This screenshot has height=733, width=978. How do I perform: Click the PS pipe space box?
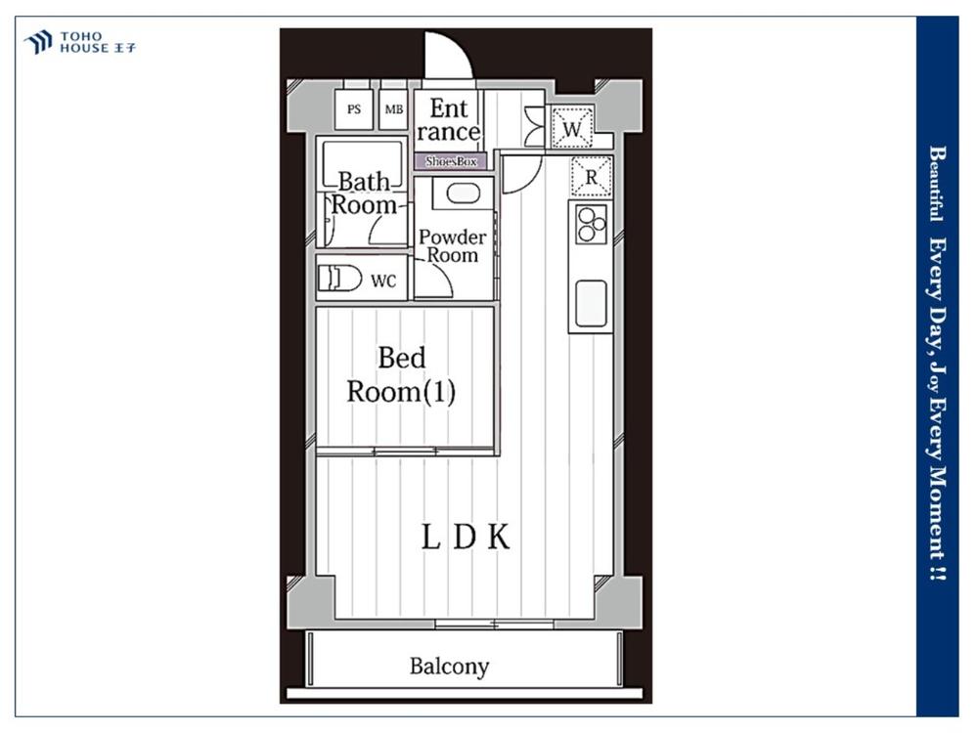(x=354, y=109)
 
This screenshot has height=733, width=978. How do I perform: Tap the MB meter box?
(x=393, y=109)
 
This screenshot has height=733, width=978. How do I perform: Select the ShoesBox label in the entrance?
(x=451, y=161)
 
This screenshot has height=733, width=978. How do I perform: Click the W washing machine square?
(x=572, y=128)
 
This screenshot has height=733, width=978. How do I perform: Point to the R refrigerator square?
(x=591, y=177)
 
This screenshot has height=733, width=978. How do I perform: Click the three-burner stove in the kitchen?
(x=591, y=224)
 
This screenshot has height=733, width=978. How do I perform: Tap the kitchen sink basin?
(x=591, y=303)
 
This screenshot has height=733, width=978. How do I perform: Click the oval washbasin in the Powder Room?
(x=463, y=194)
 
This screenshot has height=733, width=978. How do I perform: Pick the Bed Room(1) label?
(x=401, y=374)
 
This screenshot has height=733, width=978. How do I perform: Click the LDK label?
(x=466, y=538)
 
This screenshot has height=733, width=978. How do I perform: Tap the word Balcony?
(x=449, y=667)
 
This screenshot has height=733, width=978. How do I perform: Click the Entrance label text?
(x=449, y=119)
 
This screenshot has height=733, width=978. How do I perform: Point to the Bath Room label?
(x=364, y=194)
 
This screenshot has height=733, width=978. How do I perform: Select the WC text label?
(x=383, y=281)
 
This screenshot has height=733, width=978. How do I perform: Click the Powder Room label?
(x=452, y=245)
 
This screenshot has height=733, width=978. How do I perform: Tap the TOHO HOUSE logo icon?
(x=38, y=42)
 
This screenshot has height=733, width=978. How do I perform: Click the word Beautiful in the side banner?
(x=936, y=184)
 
